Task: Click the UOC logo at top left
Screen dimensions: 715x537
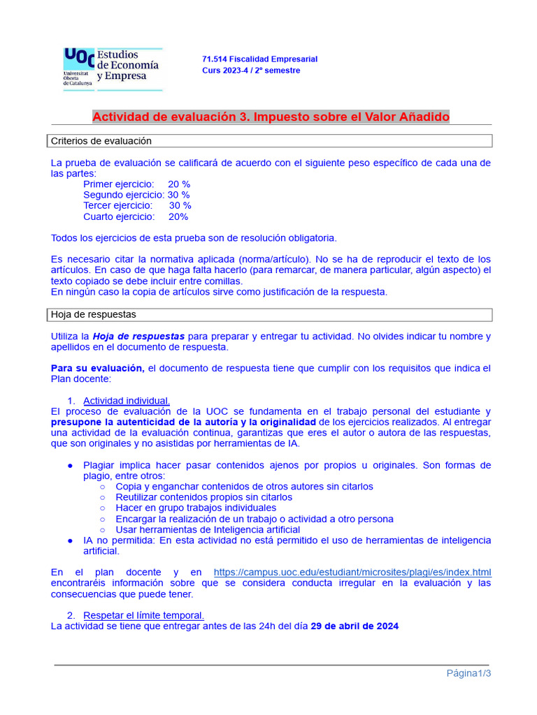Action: pos(112,68)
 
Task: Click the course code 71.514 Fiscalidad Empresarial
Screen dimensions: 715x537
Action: pos(259,59)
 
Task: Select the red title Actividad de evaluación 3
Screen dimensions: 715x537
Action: pos(271,117)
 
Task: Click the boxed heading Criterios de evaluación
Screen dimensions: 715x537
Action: pos(101,141)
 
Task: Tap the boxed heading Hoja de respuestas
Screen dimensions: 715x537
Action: pos(94,315)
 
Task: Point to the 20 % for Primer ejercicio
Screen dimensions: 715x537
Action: pos(178,184)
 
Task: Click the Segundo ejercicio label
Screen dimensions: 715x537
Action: pos(124,195)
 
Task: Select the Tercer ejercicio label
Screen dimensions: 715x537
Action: pos(117,206)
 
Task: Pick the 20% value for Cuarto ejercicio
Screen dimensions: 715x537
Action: pos(178,217)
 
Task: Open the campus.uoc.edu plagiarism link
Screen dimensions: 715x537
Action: pos(352,572)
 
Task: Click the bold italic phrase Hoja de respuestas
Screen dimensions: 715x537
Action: pos(138,337)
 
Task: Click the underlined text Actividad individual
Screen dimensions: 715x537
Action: pos(127,401)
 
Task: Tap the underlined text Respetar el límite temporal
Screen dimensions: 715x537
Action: pos(143,615)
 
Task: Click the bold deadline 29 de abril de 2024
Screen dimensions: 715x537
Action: pos(355,626)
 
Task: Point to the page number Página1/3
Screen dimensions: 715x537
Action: pos(469,673)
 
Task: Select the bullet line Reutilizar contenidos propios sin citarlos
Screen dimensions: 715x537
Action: pos(204,497)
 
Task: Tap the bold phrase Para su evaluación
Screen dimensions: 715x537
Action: pos(97,368)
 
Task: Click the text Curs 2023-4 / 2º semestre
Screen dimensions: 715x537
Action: pos(251,71)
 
